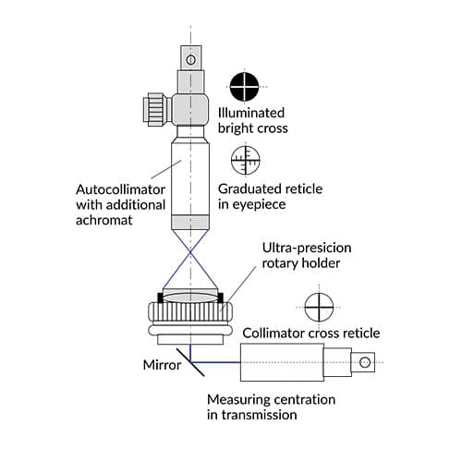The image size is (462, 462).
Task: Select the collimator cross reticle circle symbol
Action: click(317, 306)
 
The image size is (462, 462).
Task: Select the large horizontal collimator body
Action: click(282, 360)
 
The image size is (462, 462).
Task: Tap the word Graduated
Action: click(251, 188)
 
